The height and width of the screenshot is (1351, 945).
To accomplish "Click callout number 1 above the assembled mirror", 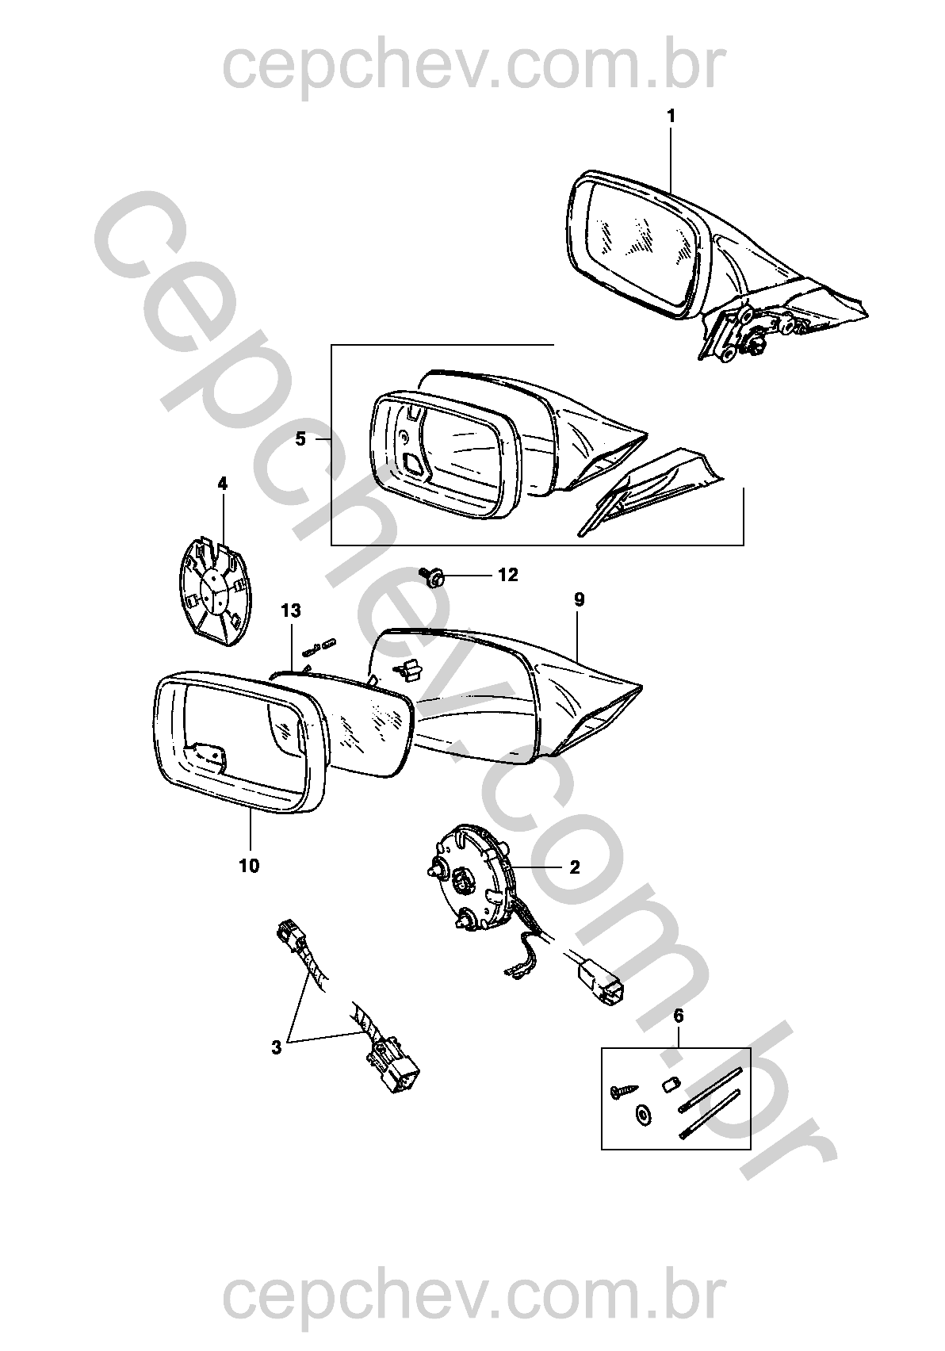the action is [x=671, y=116].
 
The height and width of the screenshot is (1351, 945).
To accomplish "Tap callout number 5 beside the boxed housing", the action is [x=300, y=439].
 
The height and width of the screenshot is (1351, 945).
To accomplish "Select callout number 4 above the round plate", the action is [x=223, y=484].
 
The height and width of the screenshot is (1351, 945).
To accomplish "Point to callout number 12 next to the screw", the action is [x=508, y=575].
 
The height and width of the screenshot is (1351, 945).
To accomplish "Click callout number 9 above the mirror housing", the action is [x=579, y=600].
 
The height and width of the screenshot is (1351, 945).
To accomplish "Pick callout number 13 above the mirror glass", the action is [x=291, y=611].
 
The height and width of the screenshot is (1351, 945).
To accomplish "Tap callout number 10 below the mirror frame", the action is [x=249, y=866].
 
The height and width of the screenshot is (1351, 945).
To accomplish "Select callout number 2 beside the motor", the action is [x=574, y=867].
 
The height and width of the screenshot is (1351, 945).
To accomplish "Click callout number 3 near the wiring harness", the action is [x=276, y=1047].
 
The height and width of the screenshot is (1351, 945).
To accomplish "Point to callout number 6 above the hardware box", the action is [x=679, y=1016].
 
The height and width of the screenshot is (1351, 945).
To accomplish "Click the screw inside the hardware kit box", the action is [x=624, y=1090].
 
